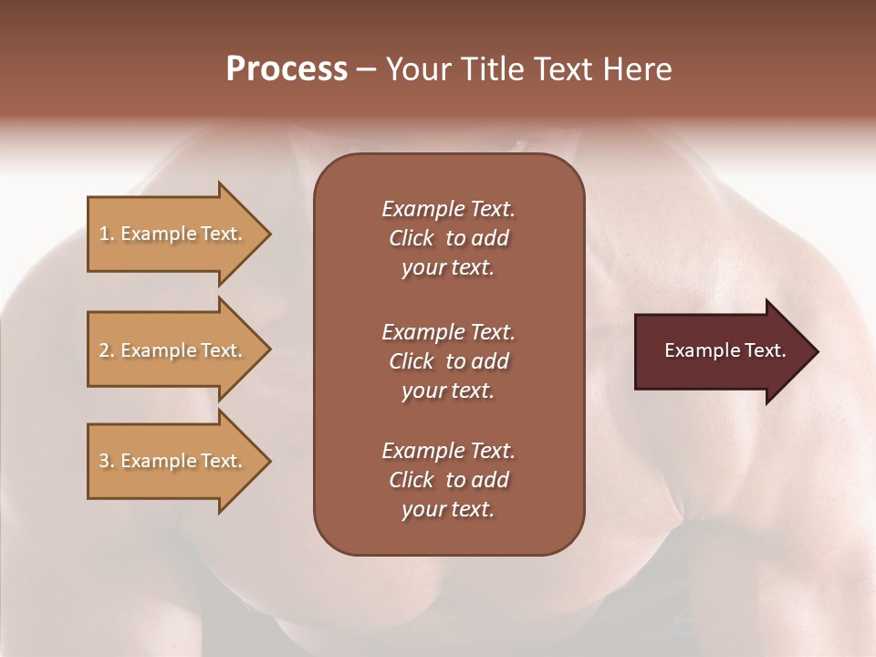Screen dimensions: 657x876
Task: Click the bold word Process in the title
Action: pos(287,69)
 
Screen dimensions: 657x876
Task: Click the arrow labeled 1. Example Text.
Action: pos(173,234)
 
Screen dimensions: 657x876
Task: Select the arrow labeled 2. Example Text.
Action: pos(173,350)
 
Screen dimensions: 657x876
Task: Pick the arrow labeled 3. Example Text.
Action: pos(173,461)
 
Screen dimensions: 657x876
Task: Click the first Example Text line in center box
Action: pos(448,209)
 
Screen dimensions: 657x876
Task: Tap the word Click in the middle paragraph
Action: pos(411,361)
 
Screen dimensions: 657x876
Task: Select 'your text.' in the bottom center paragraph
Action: pos(448,509)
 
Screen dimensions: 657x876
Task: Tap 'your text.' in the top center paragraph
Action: pos(448,267)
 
